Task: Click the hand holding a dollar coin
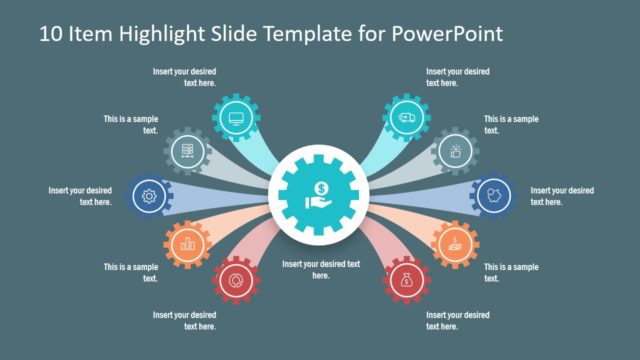click(320, 194)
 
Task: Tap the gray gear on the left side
click(185, 151)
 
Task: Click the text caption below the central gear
click(320, 269)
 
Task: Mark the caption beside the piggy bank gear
click(561, 196)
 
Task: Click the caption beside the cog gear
click(80, 196)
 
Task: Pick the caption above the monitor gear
click(185, 77)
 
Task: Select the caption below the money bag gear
click(457, 321)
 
